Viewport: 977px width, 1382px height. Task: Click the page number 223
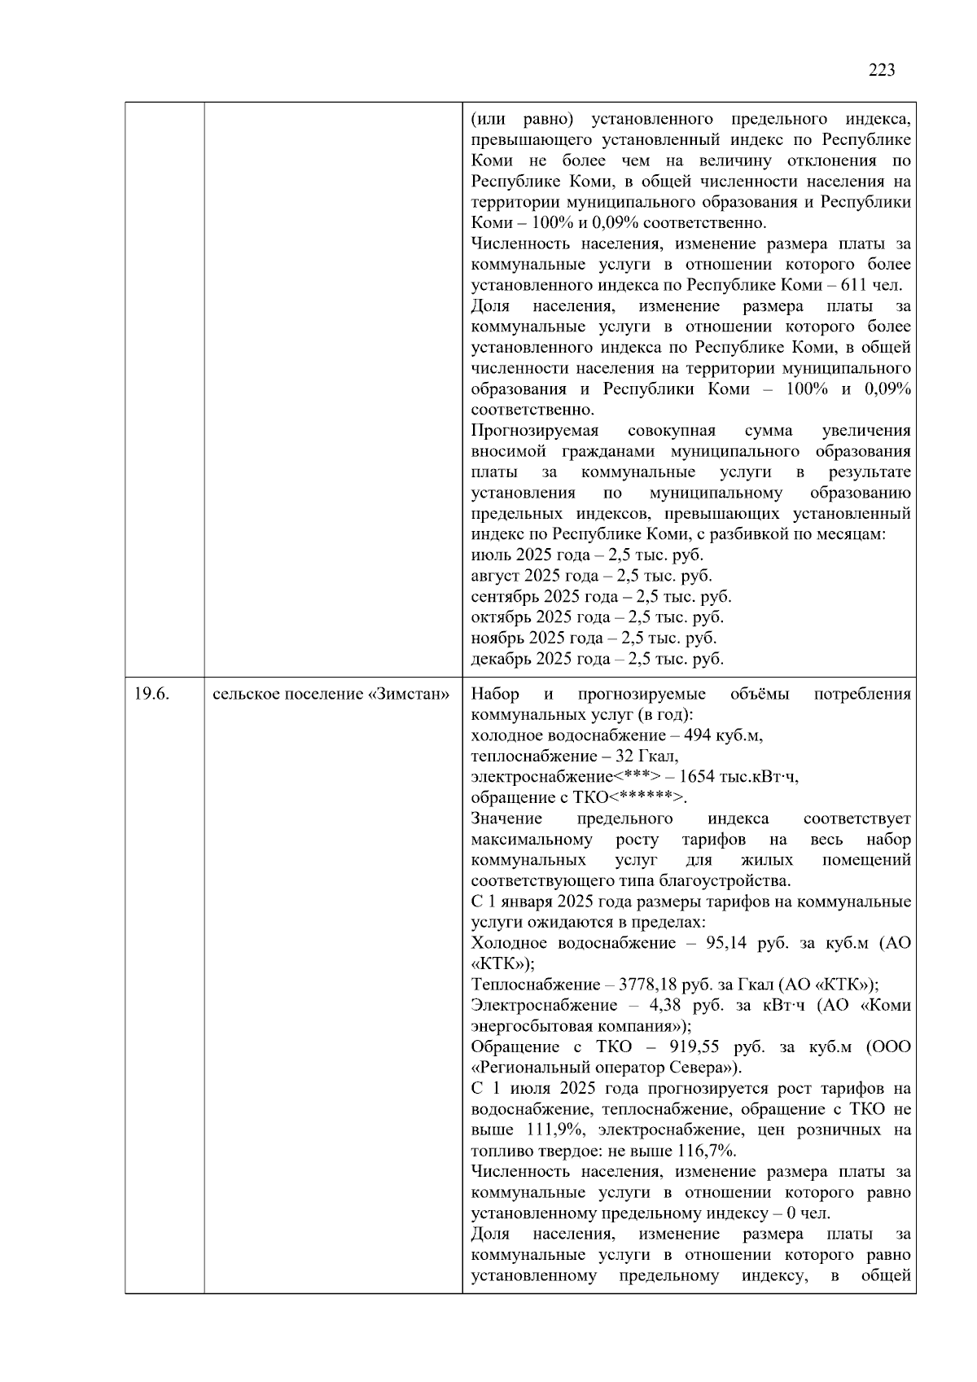pyautogui.click(x=882, y=71)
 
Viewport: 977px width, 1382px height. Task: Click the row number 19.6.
pyautogui.click(x=151, y=695)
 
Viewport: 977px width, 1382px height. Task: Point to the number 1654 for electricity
pyautogui.click(x=697, y=777)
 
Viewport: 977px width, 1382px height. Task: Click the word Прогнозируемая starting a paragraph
pyautogui.click(x=534, y=431)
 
